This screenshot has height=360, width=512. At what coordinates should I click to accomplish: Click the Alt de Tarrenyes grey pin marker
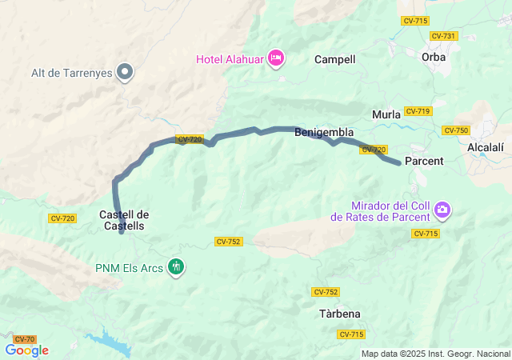125,72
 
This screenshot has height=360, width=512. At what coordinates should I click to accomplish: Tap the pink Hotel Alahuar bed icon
276,57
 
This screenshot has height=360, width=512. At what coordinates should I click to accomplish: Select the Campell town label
334,59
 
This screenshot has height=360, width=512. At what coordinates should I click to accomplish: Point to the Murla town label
386,114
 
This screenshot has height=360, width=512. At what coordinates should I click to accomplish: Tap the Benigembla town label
324,132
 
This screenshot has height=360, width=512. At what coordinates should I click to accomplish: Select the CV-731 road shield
442,36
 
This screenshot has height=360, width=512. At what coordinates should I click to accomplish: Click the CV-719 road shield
418,111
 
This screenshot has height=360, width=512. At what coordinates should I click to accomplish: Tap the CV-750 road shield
455,130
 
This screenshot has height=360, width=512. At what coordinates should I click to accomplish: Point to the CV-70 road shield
24,339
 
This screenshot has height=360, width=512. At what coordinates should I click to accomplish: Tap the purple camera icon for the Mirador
442,210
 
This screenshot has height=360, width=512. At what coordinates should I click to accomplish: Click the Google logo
26,350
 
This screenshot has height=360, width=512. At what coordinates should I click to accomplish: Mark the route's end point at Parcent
398,163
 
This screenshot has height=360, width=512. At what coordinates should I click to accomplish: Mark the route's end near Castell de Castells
121,232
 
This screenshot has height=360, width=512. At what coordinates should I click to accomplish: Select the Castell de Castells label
123,220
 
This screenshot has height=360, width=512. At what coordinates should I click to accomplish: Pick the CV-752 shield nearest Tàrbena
326,292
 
